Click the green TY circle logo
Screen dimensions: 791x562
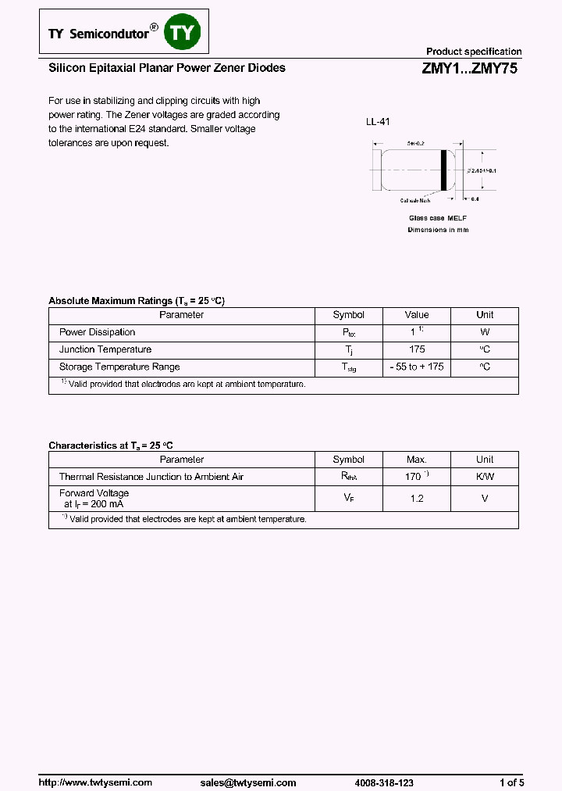[x=184, y=33]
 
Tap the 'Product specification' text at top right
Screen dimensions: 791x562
[x=473, y=52]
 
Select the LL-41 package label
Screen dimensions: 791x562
[x=378, y=122]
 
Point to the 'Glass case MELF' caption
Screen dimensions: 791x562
[x=438, y=218]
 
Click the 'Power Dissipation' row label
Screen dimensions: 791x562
[x=98, y=332]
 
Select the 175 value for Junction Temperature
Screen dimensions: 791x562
[x=417, y=349]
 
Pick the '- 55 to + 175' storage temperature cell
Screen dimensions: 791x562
[x=417, y=367]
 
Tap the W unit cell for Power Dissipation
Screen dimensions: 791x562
[x=485, y=332]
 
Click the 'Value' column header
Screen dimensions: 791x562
[x=417, y=315]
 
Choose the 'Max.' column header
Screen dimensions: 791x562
[x=417, y=460]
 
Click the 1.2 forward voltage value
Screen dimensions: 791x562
[x=417, y=498]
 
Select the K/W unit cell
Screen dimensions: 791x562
[x=485, y=477]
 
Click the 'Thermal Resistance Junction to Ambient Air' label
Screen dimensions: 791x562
[x=151, y=477]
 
